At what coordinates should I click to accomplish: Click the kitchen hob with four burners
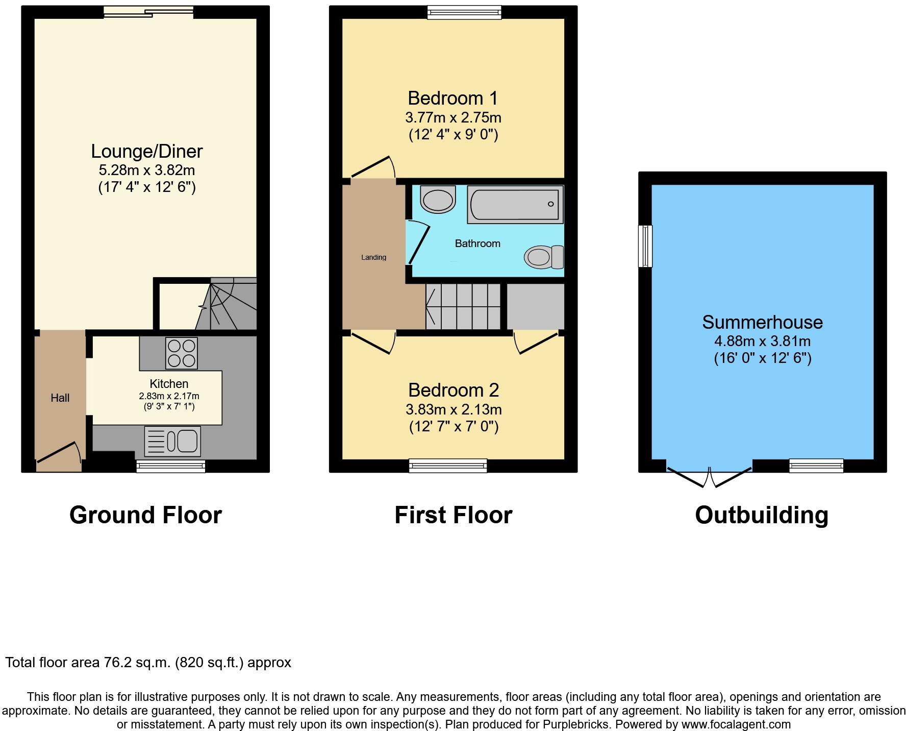pos(181,353)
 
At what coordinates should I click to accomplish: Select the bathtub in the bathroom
pos(515,205)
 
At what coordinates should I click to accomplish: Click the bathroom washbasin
pos(438,199)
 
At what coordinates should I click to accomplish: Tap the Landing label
pos(373,257)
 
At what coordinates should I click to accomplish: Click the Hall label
pos(60,398)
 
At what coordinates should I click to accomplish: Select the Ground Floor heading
pos(145,515)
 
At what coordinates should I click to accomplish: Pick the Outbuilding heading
pos(761,515)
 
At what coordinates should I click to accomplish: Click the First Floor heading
pos(453,515)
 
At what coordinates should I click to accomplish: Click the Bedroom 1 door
pos(373,167)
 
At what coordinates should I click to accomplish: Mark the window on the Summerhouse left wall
pos(645,246)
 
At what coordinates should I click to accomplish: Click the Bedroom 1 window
pos(464,12)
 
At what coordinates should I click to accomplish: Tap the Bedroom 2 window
pos(448,466)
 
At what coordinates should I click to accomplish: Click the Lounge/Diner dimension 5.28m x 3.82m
pos(147,170)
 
